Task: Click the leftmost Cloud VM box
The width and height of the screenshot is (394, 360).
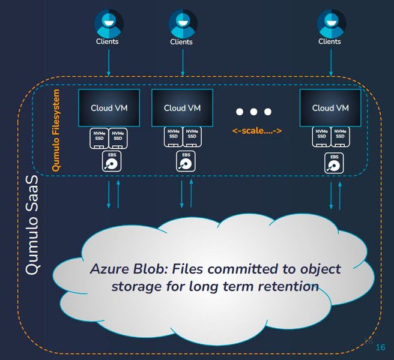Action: pos(109,108)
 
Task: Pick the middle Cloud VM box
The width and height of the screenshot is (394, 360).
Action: pos(182,108)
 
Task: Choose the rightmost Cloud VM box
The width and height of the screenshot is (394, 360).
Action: pos(330,108)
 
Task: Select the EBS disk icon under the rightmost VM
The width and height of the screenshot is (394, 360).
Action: pos(334,162)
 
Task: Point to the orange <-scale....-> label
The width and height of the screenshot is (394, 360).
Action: pos(257,131)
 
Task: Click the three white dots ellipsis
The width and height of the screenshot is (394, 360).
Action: pos(253,112)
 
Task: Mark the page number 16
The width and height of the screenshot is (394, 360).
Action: pos(380,347)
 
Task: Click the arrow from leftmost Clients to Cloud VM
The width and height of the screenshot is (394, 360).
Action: pos(109,62)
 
